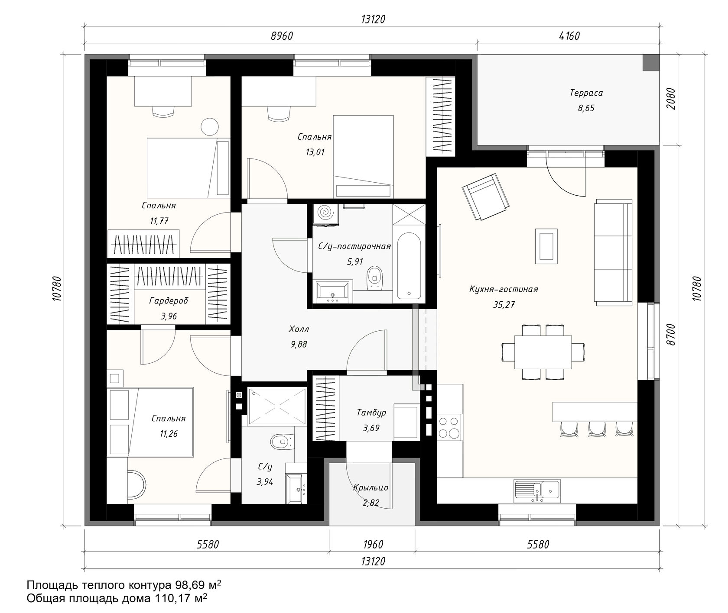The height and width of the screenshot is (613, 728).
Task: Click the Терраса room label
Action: click(586, 93)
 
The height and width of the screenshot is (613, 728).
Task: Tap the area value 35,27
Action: click(504, 304)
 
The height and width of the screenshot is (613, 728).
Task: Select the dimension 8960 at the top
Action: click(282, 36)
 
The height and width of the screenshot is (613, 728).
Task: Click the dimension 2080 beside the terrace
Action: click(671, 100)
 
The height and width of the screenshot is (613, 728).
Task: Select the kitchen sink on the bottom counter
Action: click(537, 491)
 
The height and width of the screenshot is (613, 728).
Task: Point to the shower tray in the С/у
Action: click(277, 407)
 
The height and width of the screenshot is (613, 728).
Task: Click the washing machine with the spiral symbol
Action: click(326, 214)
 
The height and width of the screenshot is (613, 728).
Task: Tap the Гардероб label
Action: click(169, 300)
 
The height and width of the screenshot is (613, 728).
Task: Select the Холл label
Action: click(299, 329)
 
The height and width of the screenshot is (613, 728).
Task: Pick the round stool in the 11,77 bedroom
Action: click(210, 126)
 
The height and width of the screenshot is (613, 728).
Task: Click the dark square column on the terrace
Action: click(650, 63)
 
